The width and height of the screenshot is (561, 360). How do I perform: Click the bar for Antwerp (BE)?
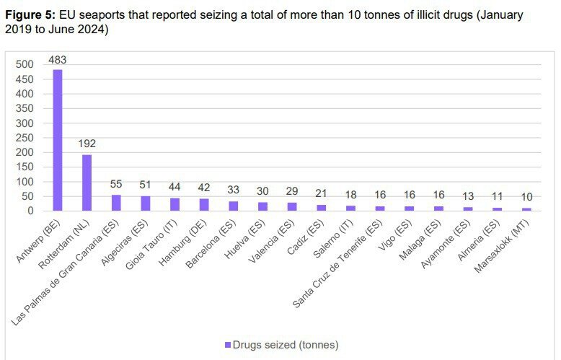tap(58, 140)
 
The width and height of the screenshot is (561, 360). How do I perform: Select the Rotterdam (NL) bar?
tap(87, 183)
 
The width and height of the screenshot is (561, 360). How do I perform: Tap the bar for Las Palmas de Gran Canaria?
tap(116, 203)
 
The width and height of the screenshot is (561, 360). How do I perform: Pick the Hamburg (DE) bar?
tap(204, 205)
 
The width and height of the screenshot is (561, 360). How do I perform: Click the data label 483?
tap(58, 60)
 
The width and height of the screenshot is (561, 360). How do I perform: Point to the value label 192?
tap(87, 144)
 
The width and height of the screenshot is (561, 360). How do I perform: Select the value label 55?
tap(116, 185)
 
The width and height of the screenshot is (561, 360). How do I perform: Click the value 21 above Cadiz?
tap(322, 194)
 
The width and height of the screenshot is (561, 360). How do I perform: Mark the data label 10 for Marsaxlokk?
tap(526, 198)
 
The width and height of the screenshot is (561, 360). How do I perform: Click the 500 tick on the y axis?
tap(26, 64)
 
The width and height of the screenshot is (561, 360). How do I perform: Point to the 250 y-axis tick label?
tap(26, 137)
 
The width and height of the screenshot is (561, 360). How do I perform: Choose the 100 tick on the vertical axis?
tap(26, 182)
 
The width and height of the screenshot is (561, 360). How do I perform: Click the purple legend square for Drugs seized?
tap(229, 344)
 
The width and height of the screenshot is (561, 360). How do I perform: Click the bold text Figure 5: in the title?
tap(31, 15)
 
